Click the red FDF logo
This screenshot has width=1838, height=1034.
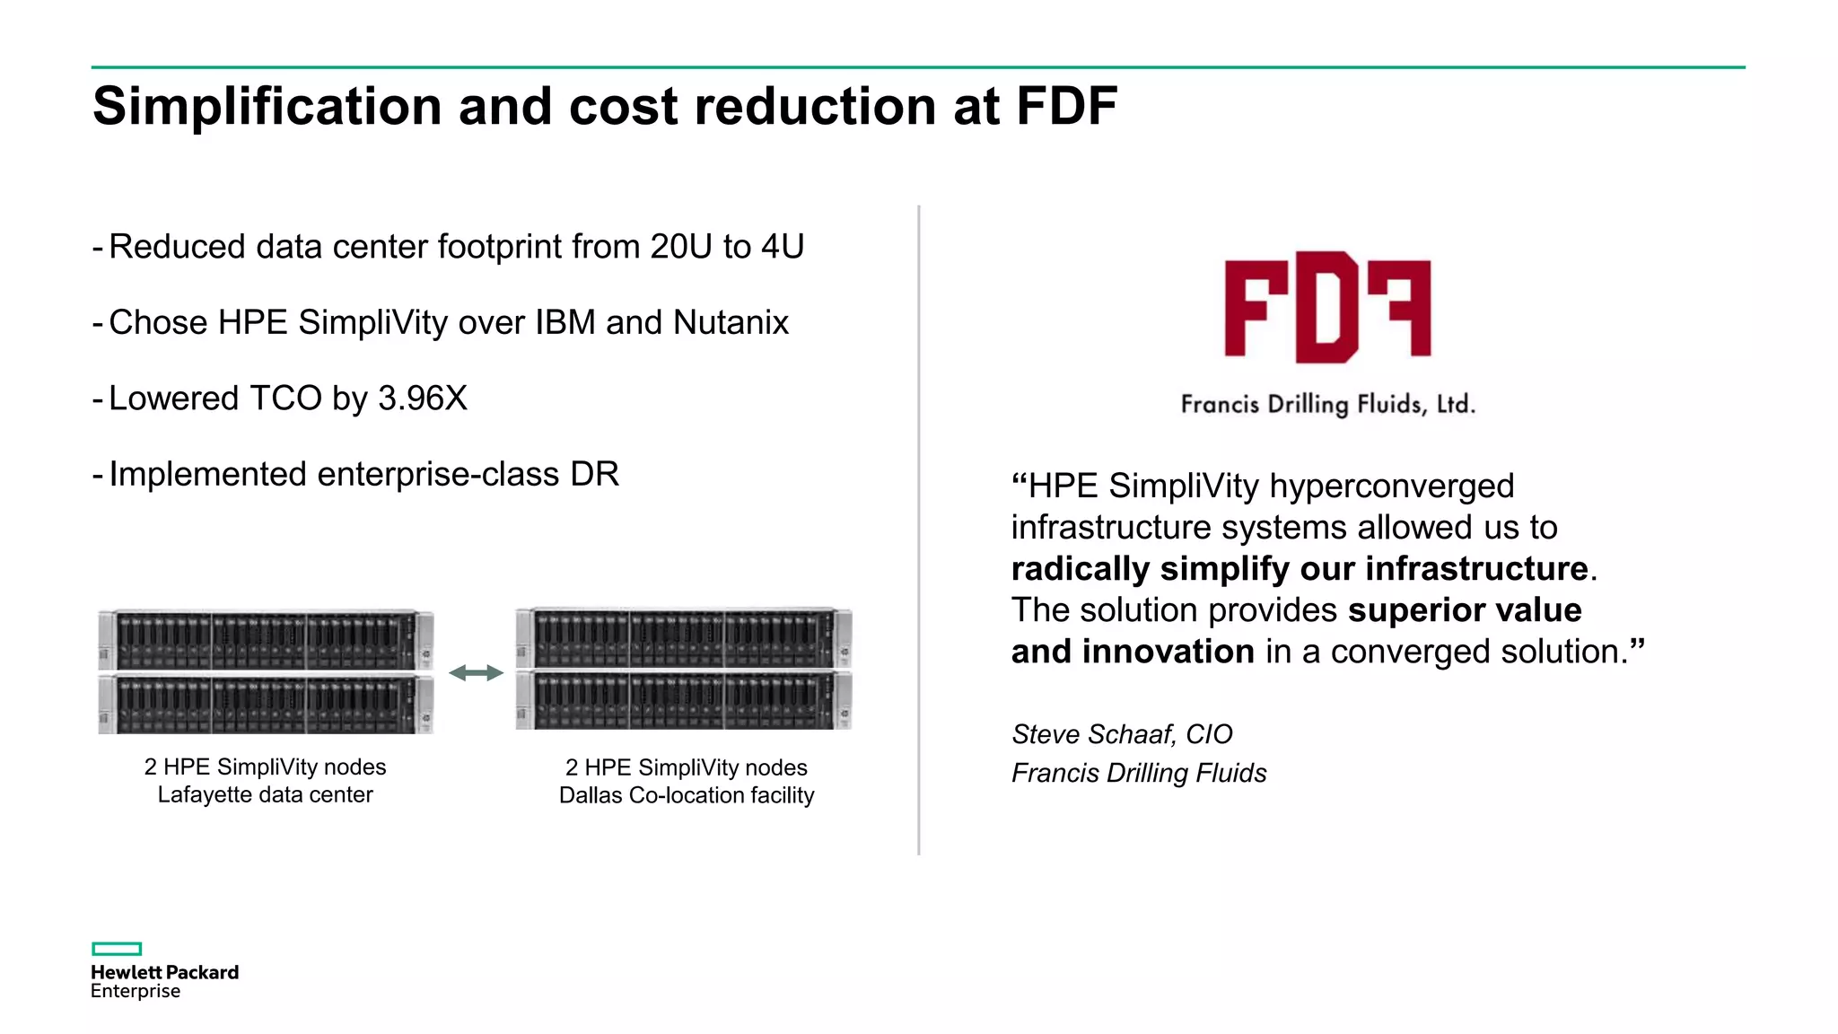1327,307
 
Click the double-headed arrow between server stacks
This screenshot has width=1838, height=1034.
476,673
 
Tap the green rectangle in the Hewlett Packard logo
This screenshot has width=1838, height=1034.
117,949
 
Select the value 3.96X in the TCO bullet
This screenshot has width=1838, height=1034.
422,399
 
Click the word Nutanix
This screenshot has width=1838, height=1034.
731,323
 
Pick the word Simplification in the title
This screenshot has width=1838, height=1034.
267,107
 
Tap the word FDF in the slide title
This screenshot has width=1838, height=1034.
1066,107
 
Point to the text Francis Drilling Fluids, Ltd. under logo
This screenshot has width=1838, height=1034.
1327,404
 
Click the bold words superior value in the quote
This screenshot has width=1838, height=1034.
1465,610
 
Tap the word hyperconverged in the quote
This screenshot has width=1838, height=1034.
1392,486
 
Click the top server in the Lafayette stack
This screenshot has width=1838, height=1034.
266,639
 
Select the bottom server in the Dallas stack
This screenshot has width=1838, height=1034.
684,700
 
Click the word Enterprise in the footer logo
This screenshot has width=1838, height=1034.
136,992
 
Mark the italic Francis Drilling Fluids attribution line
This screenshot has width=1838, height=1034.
1139,773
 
